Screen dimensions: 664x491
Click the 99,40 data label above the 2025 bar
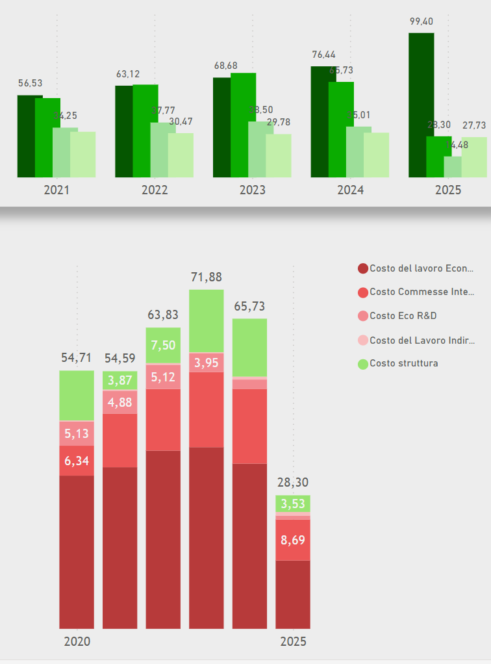click(421, 21)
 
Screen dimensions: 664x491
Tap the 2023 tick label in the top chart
click(253, 190)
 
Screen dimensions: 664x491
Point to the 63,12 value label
click(128, 74)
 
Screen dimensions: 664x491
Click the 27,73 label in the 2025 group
click(474, 125)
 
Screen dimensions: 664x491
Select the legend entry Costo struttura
click(403, 363)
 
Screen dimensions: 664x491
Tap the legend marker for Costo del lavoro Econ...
click(363, 268)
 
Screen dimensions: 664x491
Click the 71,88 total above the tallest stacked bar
click(207, 277)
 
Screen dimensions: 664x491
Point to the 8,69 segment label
click(293, 540)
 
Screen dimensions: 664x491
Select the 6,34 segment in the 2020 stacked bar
click(77, 461)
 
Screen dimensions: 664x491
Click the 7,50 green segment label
click(163, 345)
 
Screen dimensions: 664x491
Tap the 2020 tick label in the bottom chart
click(77, 642)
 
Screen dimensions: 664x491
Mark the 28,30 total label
click(293, 483)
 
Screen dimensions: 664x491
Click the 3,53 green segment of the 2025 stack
click(293, 504)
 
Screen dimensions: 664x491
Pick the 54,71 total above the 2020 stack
click(77, 358)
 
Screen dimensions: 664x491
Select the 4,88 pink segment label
click(120, 402)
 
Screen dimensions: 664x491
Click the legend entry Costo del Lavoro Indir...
click(422, 340)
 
